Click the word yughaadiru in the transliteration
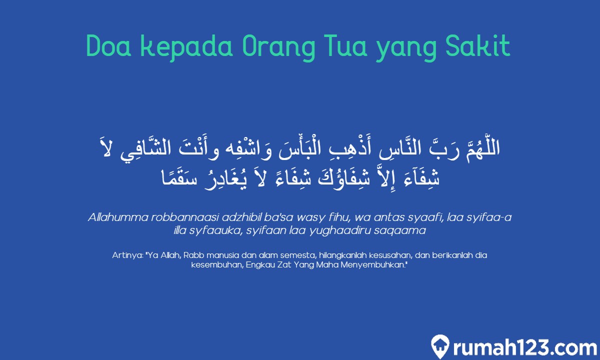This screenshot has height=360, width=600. pos(361,231)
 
